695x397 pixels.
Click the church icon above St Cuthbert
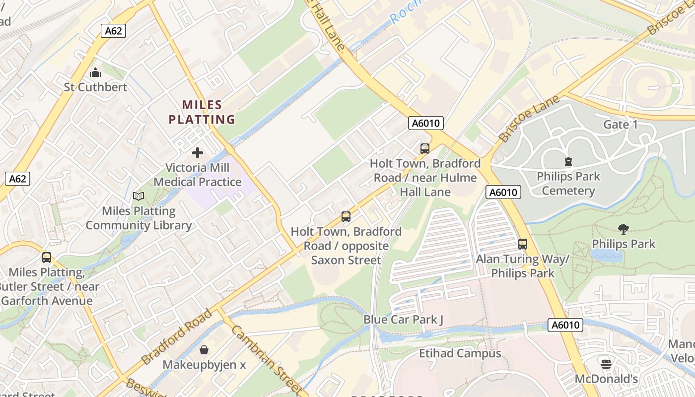pos(95,73)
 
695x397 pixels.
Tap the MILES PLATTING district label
pos(202,112)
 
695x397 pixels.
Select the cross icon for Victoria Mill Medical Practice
pos(198,153)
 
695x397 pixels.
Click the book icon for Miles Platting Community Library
pos(139,196)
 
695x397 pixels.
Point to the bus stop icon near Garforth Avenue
pos(47,258)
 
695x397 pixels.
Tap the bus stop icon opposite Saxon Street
pos(346,217)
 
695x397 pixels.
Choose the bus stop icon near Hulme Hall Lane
pos(424,149)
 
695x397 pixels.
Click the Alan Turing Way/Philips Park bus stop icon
pos(523,244)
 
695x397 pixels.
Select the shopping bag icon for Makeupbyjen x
pos(204,350)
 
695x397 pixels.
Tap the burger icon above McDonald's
pos(606,364)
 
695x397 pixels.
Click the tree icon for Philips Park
pos(624,229)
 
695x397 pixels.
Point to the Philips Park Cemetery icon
pos(568,162)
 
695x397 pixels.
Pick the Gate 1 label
pos(620,125)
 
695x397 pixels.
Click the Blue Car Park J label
pos(403,320)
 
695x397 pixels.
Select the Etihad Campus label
pos(460,353)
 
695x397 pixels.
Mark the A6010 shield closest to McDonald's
pos(565,325)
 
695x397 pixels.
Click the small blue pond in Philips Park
pos(606,255)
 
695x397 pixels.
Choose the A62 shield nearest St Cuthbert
pos(113,31)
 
